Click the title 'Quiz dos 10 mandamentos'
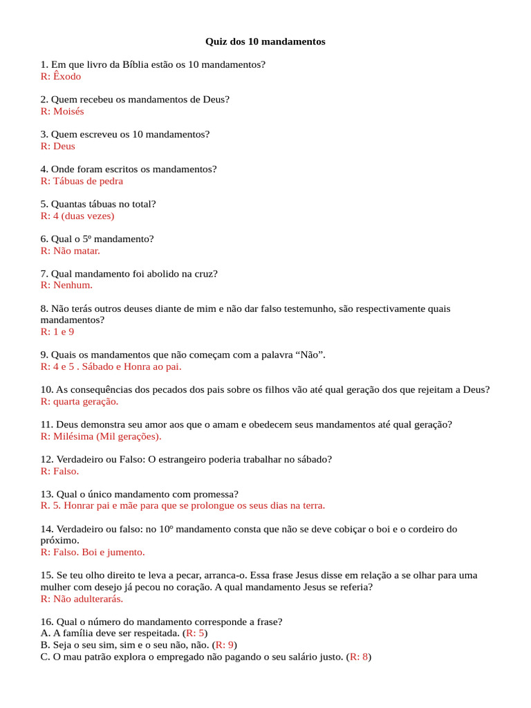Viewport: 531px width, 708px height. click(265, 41)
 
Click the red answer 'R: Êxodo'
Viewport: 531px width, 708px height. click(61, 76)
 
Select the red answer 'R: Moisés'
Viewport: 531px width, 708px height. click(62, 111)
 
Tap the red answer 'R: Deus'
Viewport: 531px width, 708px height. click(58, 146)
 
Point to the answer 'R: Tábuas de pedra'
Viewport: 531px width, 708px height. click(82, 180)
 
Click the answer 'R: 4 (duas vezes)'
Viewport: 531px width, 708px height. click(77, 216)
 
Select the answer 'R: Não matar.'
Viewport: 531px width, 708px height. click(71, 250)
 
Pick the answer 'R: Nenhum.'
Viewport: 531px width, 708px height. click(66, 285)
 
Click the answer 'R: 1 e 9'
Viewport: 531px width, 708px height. click(57, 332)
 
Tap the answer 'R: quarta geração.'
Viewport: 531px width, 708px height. click(80, 401)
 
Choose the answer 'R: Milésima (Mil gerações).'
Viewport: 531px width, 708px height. click(101, 436)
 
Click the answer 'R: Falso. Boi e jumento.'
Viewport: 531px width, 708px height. click(93, 552)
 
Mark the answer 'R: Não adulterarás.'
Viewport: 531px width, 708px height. click(82, 599)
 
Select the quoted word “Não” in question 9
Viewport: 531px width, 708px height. click(310, 355)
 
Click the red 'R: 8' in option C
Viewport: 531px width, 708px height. click(359, 657)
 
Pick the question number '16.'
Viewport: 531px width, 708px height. click(47, 622)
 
